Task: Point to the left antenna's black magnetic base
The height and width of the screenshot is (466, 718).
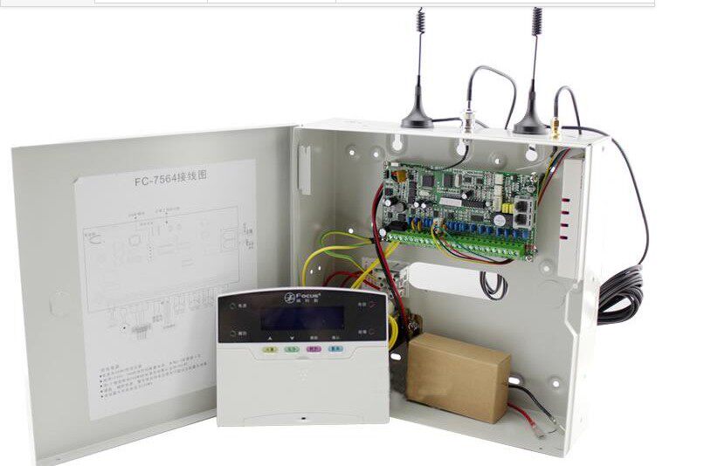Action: pos(417,119)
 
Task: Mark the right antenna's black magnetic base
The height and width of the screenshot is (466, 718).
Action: pos(530,124)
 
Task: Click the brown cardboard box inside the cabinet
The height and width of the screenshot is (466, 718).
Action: pos(459,376)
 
